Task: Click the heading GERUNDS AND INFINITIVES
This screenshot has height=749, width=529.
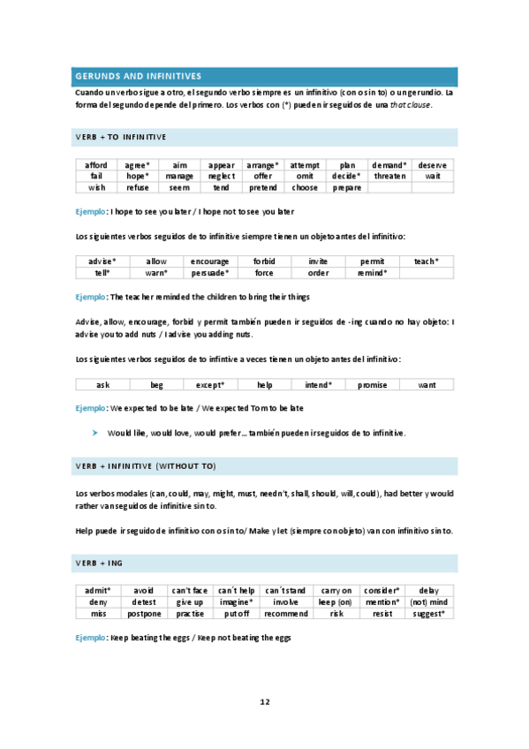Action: point(138,76)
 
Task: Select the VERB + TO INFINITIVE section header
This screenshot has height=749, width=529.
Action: point(121,137)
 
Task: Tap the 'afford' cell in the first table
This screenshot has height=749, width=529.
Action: point(96,165)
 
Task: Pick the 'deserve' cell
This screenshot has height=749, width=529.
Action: point(432,165)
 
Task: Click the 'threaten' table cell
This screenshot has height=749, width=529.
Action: point(389,176)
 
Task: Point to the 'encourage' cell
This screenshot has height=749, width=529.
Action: point(210,261)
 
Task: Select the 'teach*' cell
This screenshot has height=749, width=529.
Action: point(427,261)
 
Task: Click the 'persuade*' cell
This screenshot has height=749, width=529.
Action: point(210,273)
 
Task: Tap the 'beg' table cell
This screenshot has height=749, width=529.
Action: point(156,385)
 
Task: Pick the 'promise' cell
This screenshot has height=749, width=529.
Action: point(372,385)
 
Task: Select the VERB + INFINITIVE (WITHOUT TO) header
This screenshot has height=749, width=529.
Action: point(146,465)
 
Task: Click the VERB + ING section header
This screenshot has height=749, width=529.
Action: point(102,563)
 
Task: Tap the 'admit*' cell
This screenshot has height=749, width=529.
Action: point(97,590)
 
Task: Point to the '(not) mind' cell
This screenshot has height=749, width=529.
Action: point(429,601)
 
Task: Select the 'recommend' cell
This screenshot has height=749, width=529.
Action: point(286,613)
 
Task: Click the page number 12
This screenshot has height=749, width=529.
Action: point(264,701)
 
